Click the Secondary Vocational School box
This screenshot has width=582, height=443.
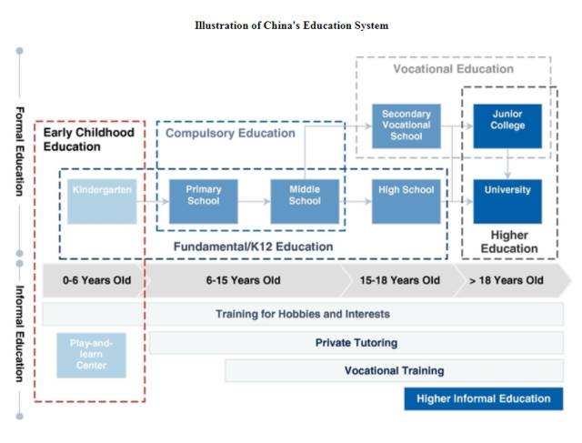coord(406,126)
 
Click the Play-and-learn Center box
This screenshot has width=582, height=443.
coord(91,355)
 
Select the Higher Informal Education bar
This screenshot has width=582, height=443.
coord(483,398)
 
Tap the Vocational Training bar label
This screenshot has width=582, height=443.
coord(394,371)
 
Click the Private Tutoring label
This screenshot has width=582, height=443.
coord(356,343)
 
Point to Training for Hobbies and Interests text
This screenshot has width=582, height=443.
coord(302,314)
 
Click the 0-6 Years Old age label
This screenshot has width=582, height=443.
coord(96,280)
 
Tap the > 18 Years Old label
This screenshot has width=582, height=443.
coord(507,280)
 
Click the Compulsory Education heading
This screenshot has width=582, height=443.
coord(230,133)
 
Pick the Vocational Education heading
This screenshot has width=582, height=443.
coord(453,69)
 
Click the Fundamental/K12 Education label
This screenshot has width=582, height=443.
coord(253,247)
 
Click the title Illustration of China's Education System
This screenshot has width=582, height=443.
coord(291,25)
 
